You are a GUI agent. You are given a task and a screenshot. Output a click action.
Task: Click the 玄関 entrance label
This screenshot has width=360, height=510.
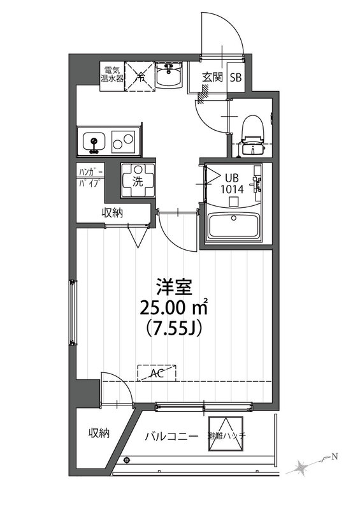[212, 78]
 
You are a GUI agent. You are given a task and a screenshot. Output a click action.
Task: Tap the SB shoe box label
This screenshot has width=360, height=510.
[236, 78]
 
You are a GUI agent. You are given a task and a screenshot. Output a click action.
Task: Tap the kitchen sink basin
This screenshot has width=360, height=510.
[94, 142]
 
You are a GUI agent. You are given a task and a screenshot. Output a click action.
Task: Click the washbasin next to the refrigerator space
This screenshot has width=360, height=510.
[169, 77]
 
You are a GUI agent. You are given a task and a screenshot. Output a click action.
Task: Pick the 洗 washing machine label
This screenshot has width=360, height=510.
[137, 180]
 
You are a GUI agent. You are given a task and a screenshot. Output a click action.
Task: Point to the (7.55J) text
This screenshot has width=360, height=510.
[172, 329]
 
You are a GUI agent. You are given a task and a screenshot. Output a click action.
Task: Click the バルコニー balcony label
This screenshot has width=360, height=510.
[171, 436]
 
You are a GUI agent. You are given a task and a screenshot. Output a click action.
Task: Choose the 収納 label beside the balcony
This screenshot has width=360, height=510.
[99, 433]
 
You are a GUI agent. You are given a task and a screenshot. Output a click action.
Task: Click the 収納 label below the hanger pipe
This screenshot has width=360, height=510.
[112, 213]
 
